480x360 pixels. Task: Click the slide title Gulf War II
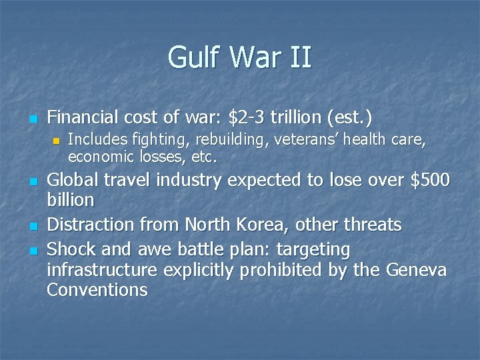pos(239,57)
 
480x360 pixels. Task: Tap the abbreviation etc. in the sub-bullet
pos(204,157)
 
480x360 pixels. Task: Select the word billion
pos(71,200)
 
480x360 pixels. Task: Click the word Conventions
pos(97,289)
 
